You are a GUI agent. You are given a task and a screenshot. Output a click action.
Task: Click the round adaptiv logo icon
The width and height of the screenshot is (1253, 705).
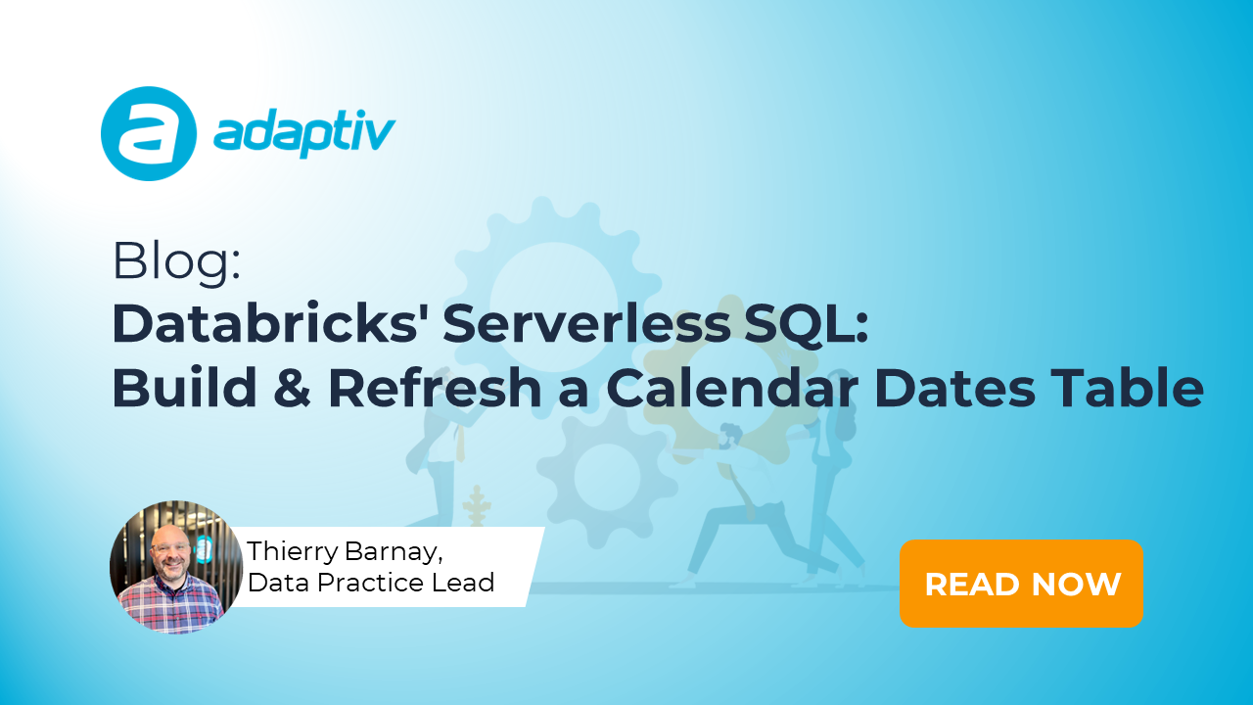(x=149, y=134)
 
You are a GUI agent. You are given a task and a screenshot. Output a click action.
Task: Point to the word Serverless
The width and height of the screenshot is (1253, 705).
(x=586, y=324)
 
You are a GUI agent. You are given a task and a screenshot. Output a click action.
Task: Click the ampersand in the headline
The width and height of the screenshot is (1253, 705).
(x=292, y=388)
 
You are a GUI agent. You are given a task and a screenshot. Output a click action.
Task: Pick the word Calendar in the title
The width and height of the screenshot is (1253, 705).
(x=733, y=387)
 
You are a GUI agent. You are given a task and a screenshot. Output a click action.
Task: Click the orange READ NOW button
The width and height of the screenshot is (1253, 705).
(x=1021, y=584)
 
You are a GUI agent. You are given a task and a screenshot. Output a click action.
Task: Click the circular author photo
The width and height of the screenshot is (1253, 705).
(x=176, y=567)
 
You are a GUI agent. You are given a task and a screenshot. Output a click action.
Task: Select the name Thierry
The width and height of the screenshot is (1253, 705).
(x=293, y=551)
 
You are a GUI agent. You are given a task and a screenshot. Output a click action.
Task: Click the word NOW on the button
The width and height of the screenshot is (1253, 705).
(x=1076, y=585)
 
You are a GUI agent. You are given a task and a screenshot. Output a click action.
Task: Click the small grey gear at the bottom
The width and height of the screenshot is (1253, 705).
(x=608, y=477)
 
